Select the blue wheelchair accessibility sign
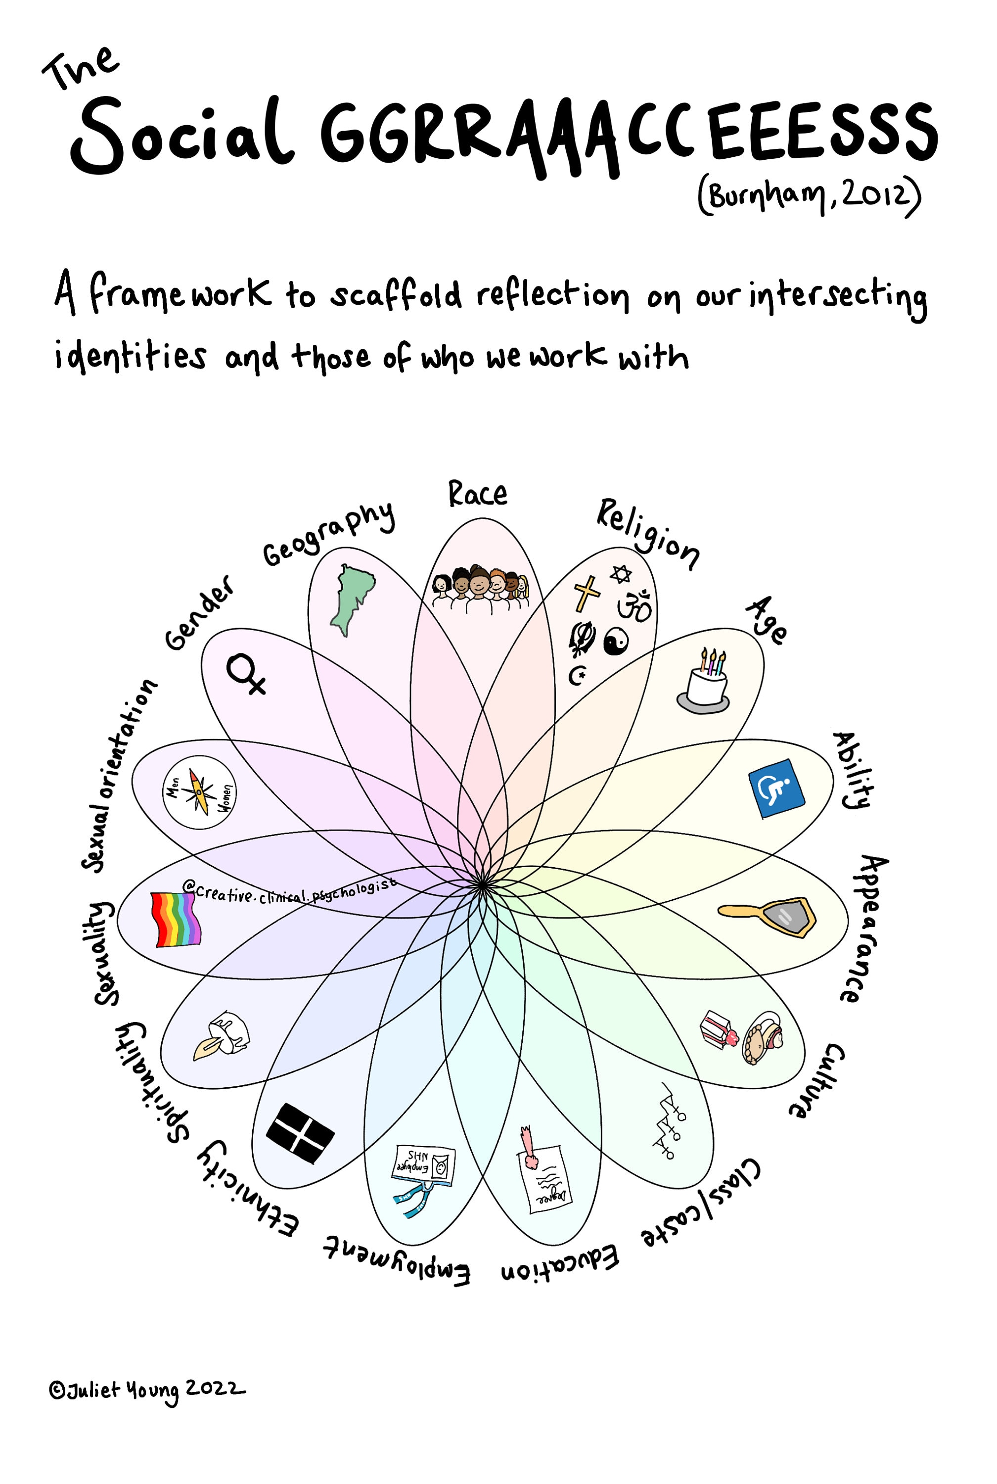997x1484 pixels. point(776,788)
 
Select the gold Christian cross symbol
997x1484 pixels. point(586,593)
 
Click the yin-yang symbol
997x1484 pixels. point(616,641)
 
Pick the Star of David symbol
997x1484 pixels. point(621,574)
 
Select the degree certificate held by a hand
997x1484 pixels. point(542,1169)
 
